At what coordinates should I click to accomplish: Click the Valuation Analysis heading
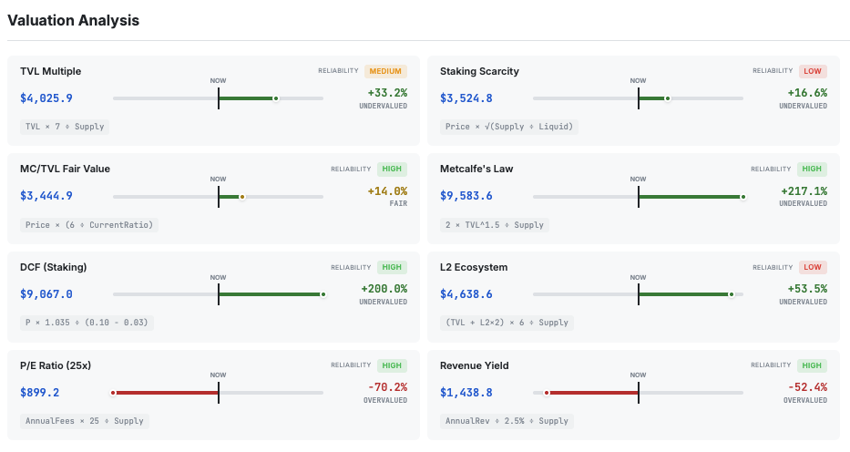point(73,20)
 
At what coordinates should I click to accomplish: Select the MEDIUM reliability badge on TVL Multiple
point(385,71)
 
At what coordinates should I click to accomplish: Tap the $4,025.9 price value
point(46,98)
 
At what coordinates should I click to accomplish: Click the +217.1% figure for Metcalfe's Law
point(804,191)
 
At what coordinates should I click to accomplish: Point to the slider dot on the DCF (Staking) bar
point(323,294)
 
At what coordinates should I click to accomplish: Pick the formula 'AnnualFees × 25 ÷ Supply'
point(85,421)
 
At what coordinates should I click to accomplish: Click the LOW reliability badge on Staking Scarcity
point(813,71)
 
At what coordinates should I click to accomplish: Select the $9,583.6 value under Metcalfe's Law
point(466,196)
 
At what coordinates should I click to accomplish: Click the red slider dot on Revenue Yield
point(547,393)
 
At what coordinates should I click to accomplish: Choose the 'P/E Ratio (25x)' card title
point(56,365)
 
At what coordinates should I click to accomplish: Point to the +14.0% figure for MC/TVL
point(387,191)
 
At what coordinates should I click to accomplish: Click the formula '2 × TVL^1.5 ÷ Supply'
point(496,224)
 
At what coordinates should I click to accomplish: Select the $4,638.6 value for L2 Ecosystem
point(466,294)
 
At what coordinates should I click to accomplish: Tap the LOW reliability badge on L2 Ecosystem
point(813,267)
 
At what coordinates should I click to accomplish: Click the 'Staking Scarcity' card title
point(479,71)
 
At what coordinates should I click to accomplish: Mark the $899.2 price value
point(40,393)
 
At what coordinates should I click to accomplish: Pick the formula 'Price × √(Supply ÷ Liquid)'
point(509,127)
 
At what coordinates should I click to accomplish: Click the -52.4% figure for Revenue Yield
point(806,387)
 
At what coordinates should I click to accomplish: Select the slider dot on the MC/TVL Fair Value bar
point(241,196)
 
